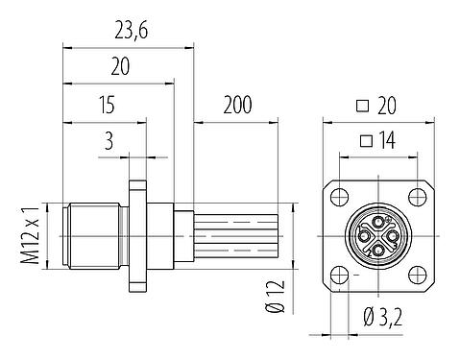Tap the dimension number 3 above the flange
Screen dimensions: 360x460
109,143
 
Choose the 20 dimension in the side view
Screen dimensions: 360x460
119,67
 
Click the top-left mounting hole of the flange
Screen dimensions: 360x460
337,198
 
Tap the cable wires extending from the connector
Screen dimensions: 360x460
240,236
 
